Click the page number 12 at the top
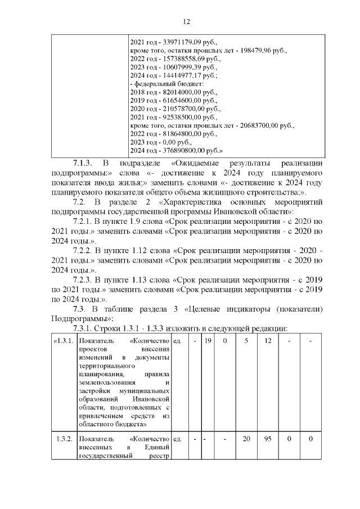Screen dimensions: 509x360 187,22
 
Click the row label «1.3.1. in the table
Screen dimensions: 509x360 64,341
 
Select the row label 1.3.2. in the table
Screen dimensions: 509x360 64,439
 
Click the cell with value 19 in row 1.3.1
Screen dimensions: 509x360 208,341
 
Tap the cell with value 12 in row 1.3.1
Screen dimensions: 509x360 268,341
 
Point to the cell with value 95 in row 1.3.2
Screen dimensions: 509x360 268,439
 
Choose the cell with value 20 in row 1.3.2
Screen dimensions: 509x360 246,439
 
